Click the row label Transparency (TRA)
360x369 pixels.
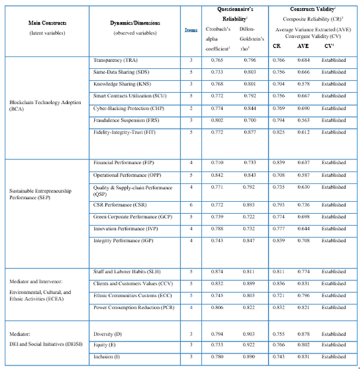pyautogui.click(x=116, y=61)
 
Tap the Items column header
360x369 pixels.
pyautogui.click(x=191, y=30)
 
